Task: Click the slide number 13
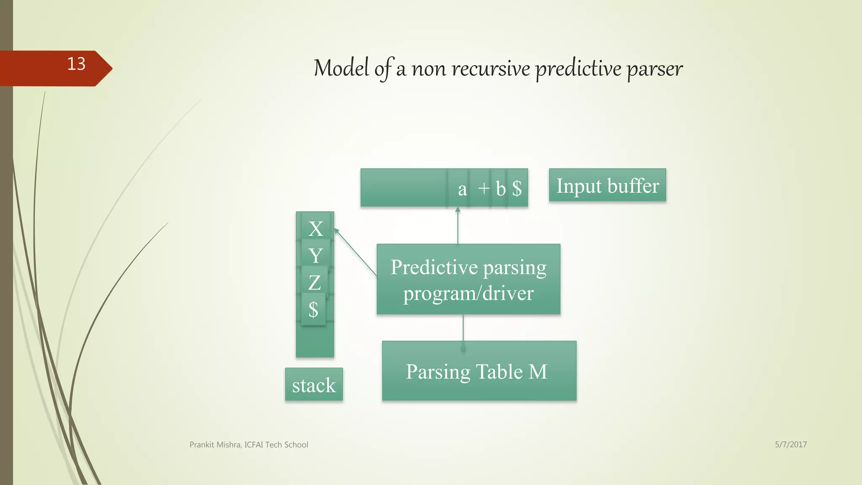click(76, 64)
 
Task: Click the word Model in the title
click(341, 68)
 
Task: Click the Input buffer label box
click(607, 186)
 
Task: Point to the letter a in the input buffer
click(462, 189)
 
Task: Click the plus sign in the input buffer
click(484, 188)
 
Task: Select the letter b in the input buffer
click(500, 189)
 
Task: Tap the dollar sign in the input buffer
click(517, 188)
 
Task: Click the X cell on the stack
click(316, 229)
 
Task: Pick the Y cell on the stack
click(315, 256)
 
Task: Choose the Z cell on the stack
click(314, 282)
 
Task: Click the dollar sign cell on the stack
click(313, 309)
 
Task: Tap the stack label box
click(314, 385)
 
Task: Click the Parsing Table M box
click(479, 371)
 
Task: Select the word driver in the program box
click(508, 293)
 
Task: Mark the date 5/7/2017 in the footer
click(790, 444)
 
